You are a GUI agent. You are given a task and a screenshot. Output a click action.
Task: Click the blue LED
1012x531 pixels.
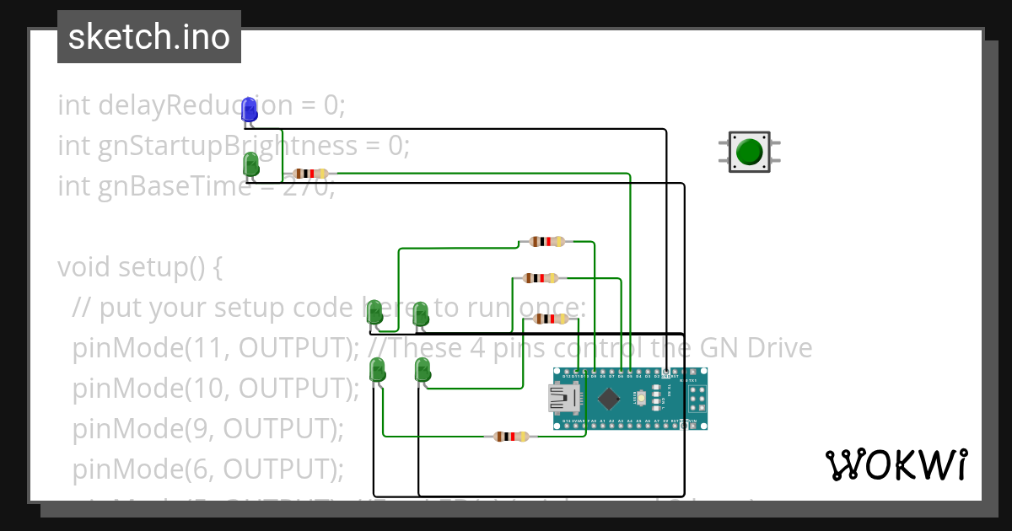[249, 109]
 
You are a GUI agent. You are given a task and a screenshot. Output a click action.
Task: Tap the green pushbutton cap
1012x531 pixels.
[749, 152]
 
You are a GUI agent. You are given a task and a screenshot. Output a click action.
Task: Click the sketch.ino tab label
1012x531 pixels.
[149, 37]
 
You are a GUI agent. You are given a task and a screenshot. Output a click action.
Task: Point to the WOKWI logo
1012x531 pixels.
[896, 464]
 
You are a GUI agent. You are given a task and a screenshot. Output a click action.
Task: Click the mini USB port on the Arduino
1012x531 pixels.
[563, 398]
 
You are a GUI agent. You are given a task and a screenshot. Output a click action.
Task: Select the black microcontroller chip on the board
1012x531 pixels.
[608, 398]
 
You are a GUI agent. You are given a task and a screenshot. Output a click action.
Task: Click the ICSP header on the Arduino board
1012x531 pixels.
[694, 398]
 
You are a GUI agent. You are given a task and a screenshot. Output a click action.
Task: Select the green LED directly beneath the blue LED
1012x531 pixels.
[250, 164]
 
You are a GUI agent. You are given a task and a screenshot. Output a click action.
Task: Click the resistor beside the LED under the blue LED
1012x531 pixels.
[310, 174]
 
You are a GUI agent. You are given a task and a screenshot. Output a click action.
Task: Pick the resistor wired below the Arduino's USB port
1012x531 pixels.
[512, 437]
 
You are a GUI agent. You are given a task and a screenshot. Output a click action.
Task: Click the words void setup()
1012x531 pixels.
[131, 267]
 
